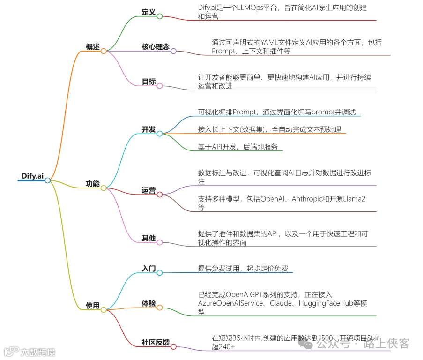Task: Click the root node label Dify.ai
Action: point(33,176)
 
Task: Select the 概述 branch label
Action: point(93,46)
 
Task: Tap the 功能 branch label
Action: point(93,184)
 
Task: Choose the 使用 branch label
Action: point(93,305)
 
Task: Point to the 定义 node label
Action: point(148,12)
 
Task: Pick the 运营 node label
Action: point(148,190)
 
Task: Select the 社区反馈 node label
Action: point(156,342)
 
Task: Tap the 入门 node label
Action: point(148,269)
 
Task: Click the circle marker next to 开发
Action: point(160,134)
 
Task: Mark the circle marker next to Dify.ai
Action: point(47,180)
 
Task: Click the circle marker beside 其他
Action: point(160,242)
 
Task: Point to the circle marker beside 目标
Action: point(160,86)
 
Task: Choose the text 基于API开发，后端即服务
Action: point(237,147)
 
